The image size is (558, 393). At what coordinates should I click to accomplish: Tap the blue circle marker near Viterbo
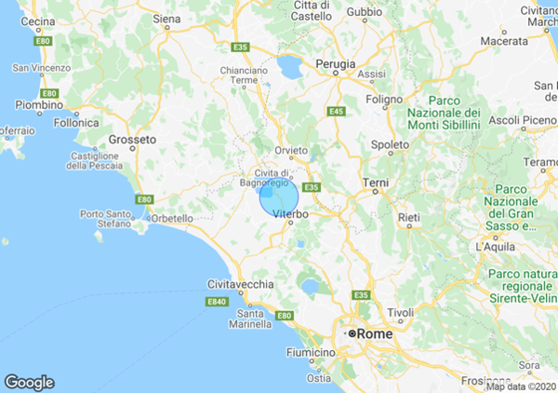(x=278, y=196)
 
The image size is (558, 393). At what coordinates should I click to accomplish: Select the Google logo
(x=29, y=382)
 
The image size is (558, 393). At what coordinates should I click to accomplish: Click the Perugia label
(x=337, y=64)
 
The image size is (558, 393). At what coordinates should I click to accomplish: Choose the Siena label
(x=166, y=18)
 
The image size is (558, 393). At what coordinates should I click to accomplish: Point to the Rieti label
(x=408, y=217)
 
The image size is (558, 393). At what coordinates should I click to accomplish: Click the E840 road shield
(x=217, y=302)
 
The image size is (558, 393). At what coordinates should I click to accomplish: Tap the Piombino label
(x=38, y=105)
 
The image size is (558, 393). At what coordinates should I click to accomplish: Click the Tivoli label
(x=400, y=312)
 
